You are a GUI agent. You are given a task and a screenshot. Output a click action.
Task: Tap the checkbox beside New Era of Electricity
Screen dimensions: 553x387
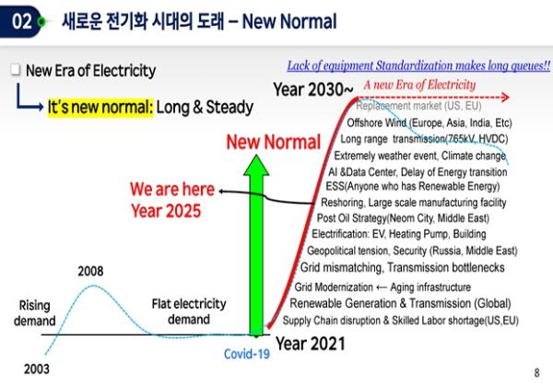coord(15,70)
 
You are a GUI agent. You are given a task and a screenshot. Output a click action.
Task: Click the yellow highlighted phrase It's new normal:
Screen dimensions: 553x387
coord(100,107)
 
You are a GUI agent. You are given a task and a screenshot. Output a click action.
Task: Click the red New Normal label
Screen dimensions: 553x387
coord(274,142)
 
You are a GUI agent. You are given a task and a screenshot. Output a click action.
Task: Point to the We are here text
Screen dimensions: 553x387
coord(172,189)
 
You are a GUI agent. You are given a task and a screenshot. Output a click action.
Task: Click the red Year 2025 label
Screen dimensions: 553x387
coord(166,211)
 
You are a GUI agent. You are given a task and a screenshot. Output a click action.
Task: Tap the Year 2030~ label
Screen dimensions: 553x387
coord(313,89)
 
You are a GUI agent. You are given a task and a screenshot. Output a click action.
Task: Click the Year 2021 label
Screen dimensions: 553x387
coord(311,344)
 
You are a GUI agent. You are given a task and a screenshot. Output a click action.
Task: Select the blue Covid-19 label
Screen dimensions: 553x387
coord(247,354)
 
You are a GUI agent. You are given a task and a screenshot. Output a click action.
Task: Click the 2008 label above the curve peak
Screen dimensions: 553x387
coord(90,271)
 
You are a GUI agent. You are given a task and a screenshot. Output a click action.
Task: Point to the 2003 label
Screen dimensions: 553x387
coord(37,369)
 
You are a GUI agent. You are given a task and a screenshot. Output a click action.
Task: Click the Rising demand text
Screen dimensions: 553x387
coord(35,313)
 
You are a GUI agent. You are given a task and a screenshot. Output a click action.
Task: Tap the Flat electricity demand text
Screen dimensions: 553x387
coord(189,311)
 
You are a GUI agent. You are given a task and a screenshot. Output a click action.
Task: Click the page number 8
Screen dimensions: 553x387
coord(536,372)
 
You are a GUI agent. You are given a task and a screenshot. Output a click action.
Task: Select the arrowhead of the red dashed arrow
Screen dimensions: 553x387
coord(506,97)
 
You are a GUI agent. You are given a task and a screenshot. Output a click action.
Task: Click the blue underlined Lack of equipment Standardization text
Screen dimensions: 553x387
coord(418,65)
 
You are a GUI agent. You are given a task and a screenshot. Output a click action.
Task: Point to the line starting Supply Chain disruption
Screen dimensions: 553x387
coord(401,321)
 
